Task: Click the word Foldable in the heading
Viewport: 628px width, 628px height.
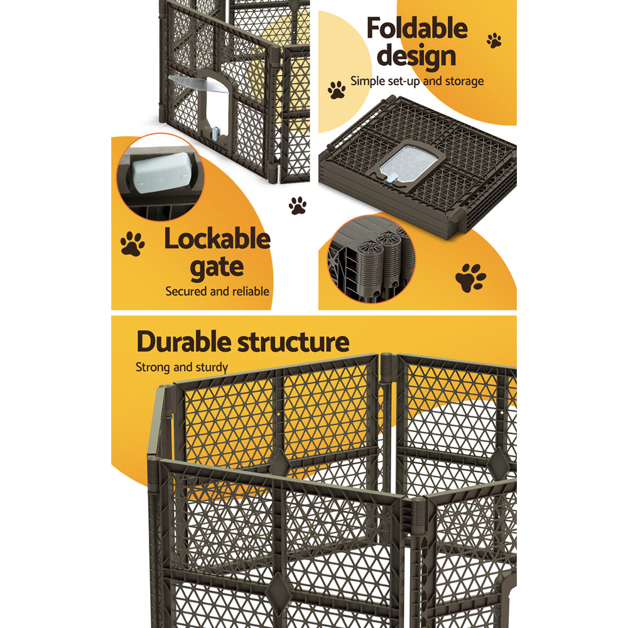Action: pyautogui.click(x=417, y=29)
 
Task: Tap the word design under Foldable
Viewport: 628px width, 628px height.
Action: pyautogui.click(x=417, y=57)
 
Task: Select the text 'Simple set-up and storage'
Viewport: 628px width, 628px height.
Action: pyautogui.click(x=417, y=81)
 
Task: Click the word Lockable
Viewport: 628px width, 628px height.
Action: pyautogui.click(x=217, y=240)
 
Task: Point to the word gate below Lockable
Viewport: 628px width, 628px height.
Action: pyautogui.click(x=217, y=268)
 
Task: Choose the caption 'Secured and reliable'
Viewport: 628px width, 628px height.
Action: pyautogui.click(x=217, y=291)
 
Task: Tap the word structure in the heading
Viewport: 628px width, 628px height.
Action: pyautogui.click(x=294, y=343)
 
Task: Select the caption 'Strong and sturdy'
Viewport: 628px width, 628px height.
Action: pyautogui.click(x=182, y=367)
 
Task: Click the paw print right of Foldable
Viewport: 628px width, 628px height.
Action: pyautogui.click(x=494, y=41)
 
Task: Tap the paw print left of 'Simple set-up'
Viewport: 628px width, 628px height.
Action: pyautogui.click(x=337, y=90)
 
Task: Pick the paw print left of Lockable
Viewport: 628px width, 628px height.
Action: pyautogui.click(x=132, y=244)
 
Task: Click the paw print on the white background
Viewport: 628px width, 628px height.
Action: pyautogui.click(x=298, y=205)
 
